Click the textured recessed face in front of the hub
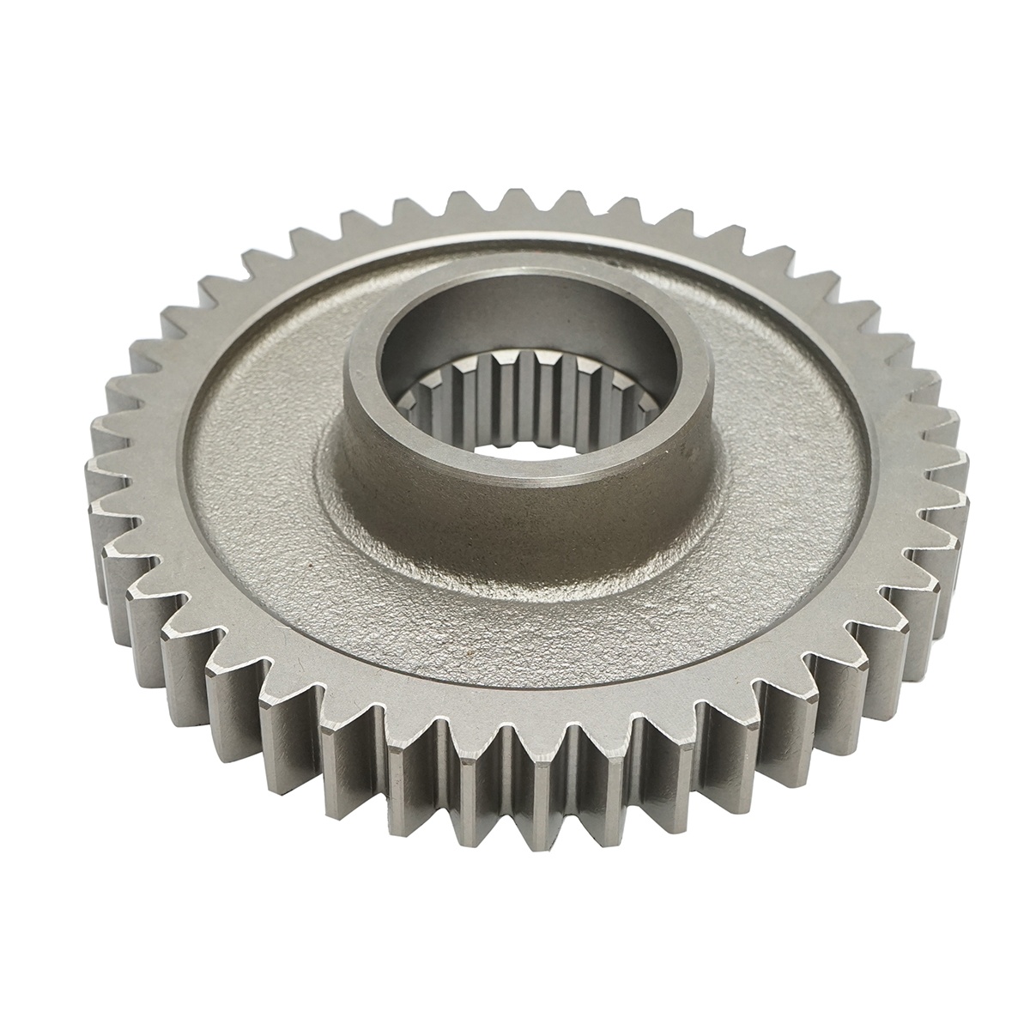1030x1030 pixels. tap(515, 618)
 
